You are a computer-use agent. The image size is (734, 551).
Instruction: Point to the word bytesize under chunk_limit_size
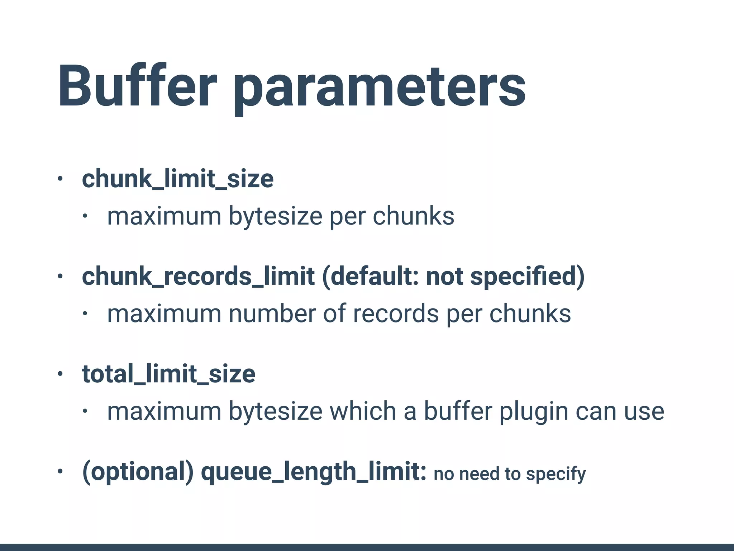click(x=276, y=216)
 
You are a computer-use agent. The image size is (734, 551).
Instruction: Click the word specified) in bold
click(x=527, y=277)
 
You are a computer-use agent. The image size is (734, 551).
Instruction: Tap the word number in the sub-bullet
click(x=272, y=314)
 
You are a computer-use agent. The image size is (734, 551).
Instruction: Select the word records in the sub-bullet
click(x=396, y=314)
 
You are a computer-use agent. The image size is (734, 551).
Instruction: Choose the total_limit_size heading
click(x=168, y=374)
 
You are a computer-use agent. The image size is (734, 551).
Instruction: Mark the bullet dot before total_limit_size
click(x=60, y=374)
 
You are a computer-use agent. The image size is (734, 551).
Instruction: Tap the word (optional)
click(x=138, y=472)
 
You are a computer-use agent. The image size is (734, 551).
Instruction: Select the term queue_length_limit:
click(x=314, y=472)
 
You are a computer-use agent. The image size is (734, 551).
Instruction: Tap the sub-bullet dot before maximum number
click(x=85, y=314)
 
